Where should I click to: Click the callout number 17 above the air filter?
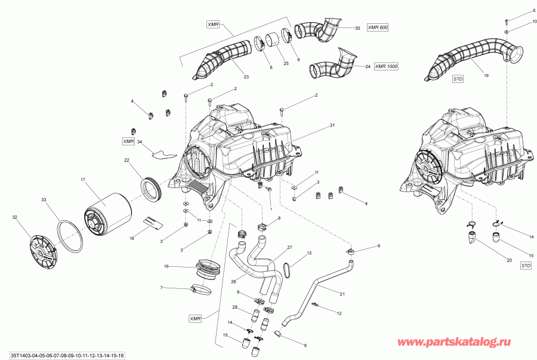pyautogui.click(x=83, y=179)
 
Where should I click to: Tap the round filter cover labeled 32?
pyautogui.click(x=41, y=248)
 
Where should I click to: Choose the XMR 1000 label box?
pyautogui.click(x=386, y=66)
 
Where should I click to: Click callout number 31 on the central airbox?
pyautogui.click(x=332, y=126)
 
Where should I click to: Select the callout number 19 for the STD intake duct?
pyautogui.click(x=486, y=76)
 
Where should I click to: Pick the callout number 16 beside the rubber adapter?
pyautogui.click(x=166, y=266)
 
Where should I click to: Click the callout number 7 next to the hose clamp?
pyautogui.click(x=161, y=288)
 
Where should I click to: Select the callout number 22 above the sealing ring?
pyautogui.click(x=127, y=160)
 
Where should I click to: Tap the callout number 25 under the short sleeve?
pyautogui.click(x=286, y=63)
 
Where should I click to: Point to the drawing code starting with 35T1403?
pyautogui.click(x=63, y=355)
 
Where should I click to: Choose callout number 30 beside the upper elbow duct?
pyautogui.click(x=357, y=28)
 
